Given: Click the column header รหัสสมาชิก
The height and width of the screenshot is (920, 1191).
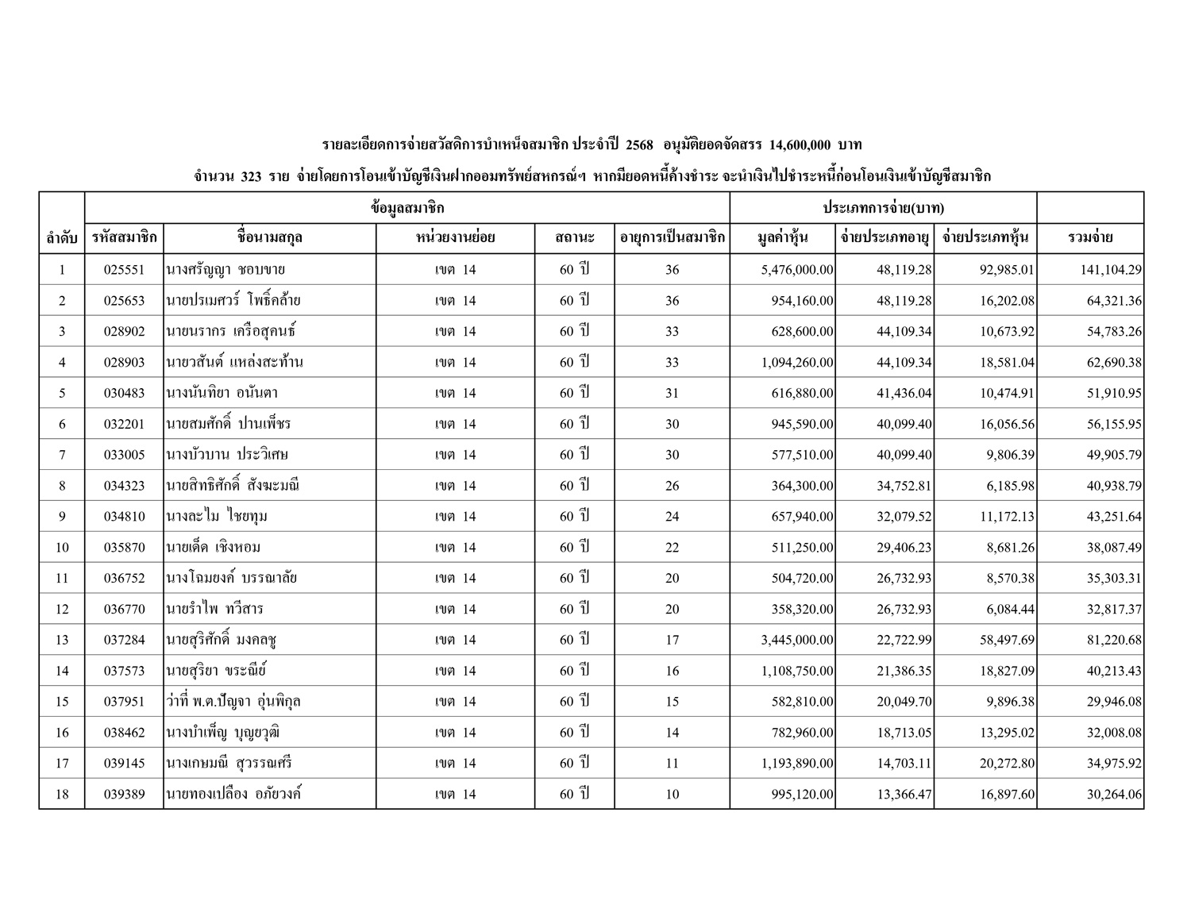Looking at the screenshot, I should [125, 237].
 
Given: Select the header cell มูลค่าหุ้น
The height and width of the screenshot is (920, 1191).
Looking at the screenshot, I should [782, 237].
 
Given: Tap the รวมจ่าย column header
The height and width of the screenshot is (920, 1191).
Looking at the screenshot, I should [1090, 237].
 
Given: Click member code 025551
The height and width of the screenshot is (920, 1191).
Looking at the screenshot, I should [125, 270].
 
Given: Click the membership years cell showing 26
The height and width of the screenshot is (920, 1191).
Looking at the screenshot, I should [672, 486].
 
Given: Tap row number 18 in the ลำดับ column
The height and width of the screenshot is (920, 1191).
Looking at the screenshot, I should [62, 794].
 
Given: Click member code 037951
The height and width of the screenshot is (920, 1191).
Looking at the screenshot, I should [125, 702].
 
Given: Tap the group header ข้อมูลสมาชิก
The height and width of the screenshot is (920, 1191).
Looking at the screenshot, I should [407, 208].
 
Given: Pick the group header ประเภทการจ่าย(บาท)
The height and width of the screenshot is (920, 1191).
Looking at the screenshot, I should [883, 208].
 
